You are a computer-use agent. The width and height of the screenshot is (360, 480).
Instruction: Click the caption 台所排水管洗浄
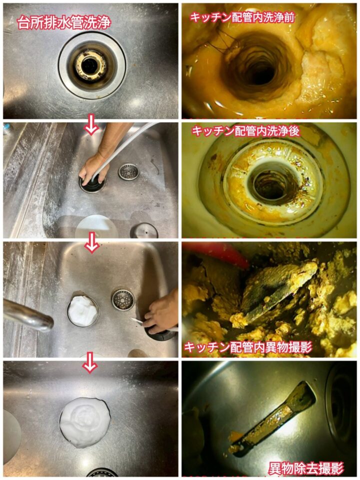tap(63, 22)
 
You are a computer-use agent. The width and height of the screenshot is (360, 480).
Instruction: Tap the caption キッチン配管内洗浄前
tap(242, 17)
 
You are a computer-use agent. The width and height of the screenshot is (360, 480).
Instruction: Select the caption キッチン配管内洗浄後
tap(245, 131)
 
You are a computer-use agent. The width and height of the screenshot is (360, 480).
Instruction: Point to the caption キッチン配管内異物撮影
tap(248, 347)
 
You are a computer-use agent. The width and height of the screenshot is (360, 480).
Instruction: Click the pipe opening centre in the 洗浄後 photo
tap(272, 185)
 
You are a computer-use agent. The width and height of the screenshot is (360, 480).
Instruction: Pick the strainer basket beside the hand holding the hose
tap(128, 171)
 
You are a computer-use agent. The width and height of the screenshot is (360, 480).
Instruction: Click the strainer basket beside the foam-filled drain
tap(123, 300)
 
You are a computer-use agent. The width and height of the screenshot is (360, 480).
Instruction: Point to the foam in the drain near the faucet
tap(83, 310)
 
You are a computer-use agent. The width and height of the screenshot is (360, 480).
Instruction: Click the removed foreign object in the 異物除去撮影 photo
tap(272, 419)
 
